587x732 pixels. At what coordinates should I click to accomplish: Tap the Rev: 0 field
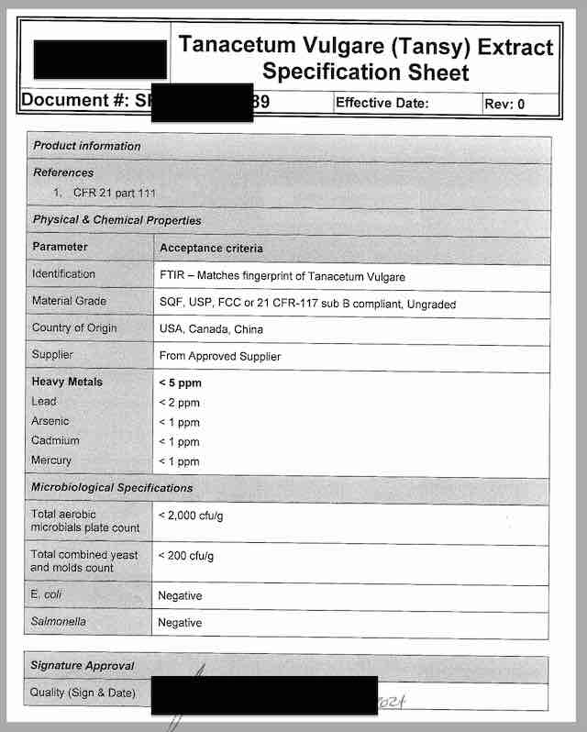[504, 104]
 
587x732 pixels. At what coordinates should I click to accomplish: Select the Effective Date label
[382, 103]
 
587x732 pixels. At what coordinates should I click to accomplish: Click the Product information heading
[87, 146]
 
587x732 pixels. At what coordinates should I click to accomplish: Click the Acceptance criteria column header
[211, 248]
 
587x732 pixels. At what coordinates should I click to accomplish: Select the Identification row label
[63, 274]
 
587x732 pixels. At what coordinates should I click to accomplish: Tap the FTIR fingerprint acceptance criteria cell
[282, 276]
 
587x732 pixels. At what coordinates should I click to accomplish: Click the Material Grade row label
[69, 301]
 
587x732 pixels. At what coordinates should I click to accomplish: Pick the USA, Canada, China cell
[211, 328]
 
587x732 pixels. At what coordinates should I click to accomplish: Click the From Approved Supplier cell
[220, 356]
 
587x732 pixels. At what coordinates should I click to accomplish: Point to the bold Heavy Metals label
[67, 382]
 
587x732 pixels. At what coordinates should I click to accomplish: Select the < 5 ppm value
[180, 383]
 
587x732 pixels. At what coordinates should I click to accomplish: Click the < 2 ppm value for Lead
[179, 403]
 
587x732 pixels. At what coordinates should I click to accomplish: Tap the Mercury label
[51, 460]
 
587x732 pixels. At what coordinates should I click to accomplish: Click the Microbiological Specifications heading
[112, 488]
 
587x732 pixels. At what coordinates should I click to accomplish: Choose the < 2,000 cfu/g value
[191, 516]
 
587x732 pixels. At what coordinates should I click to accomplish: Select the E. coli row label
[47, 595]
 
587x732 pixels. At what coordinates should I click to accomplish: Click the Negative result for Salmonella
[180, 623]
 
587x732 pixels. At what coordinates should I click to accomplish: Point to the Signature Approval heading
[83, 666]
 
